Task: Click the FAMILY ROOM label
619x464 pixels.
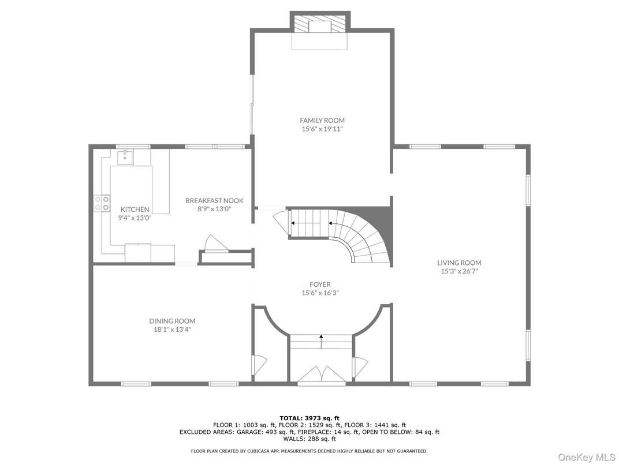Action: [322, 121]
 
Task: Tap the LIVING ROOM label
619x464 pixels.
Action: [458, 263]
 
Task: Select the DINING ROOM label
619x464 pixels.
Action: [172, 321]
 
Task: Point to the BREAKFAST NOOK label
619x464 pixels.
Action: [214, 200]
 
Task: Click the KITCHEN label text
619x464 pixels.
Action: [135, 209]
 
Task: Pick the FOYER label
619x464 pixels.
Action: [320, 284]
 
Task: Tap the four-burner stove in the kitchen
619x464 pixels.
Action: [102, 203]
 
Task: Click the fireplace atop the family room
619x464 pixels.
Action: [319, 26]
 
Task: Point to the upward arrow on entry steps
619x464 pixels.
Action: [321, 340]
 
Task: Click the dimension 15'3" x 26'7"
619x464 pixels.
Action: [458, 271]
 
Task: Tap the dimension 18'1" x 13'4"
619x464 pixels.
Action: [172, 330]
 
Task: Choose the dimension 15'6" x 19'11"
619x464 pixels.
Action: [322, 129]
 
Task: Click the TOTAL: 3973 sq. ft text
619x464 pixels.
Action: [309, 418]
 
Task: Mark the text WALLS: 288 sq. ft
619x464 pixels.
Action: [309, 439]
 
